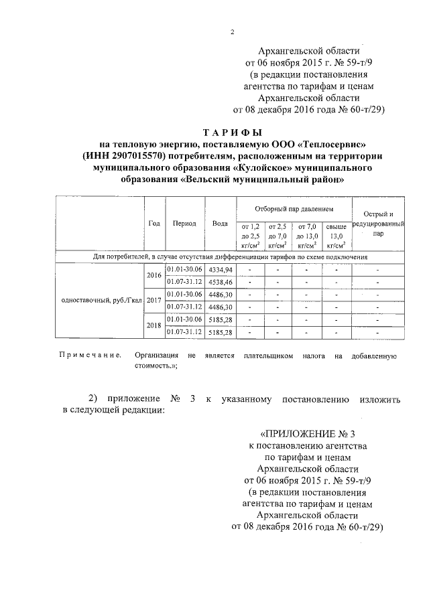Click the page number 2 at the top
coord(233,31)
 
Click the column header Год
coord(154,223)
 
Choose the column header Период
coord(184,223)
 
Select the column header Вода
coord(220,223)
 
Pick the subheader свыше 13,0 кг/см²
coord(336,236)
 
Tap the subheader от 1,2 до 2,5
coord(249,236)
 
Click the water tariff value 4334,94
coord(220,269)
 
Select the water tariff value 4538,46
coord(220,282)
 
